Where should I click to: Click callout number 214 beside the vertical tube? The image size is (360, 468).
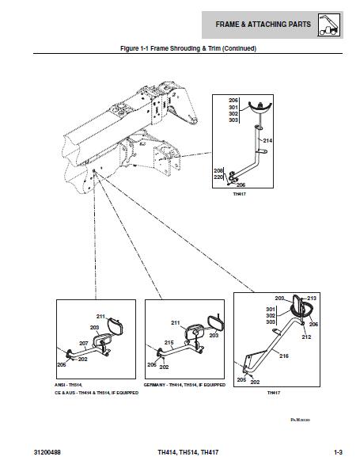[x=267, y=140]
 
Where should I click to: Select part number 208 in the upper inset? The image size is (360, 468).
[x=218, y=170]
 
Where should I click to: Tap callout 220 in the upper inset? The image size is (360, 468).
[x=218, y=177]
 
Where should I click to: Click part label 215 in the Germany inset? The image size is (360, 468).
[x=169, y=343]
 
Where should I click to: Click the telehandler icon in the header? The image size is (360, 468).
[x=328, y=25]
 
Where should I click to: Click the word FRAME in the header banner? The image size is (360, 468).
[x=231, y=25]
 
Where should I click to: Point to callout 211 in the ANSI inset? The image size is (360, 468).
[x=100, y=317]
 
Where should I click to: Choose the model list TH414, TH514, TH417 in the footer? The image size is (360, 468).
[x=188, y=452]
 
